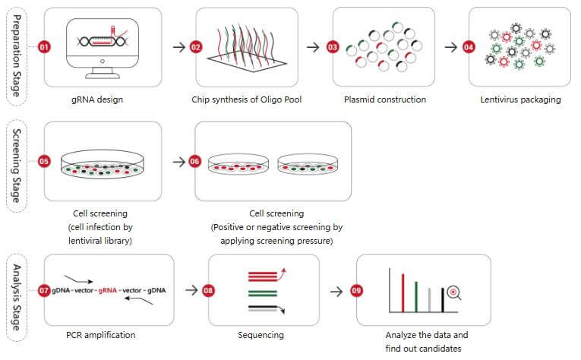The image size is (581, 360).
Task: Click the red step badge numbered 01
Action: (x=43, y=47)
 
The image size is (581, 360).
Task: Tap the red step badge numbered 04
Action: (x=469, y=47)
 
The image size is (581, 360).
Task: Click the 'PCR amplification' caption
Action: (x=101, y=334)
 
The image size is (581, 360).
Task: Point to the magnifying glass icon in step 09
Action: (x=453, y=291)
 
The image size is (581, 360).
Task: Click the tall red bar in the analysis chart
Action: (x=403, y=292)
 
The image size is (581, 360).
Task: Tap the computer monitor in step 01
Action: (x=101, y=46)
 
